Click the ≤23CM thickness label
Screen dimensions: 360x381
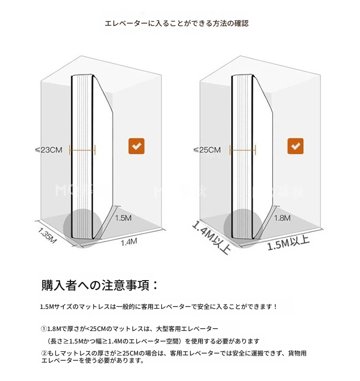coord(48,150)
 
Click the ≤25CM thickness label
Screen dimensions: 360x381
coord(207,150)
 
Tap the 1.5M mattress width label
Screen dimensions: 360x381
coord(123,218)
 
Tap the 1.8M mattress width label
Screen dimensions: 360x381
coord(282,218)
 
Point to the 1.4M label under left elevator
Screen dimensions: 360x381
coord(129,242)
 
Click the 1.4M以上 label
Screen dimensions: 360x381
coord(211,237)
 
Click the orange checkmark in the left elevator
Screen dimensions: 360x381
coord(136,146)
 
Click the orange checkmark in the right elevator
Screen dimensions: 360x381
coord(295,146)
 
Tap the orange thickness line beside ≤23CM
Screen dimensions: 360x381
coord(82,150)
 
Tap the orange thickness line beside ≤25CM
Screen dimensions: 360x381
coord(242,150)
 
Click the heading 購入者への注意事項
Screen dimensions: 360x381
coord(96,285)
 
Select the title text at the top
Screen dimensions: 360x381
coord(177,24)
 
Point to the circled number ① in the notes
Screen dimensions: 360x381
coord(44,329)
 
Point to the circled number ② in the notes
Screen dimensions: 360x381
coord(44,353)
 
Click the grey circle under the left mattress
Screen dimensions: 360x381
coord(82,228)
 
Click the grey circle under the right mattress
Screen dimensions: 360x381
coord(242,228)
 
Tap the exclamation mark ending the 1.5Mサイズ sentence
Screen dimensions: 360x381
coord(275,307)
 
